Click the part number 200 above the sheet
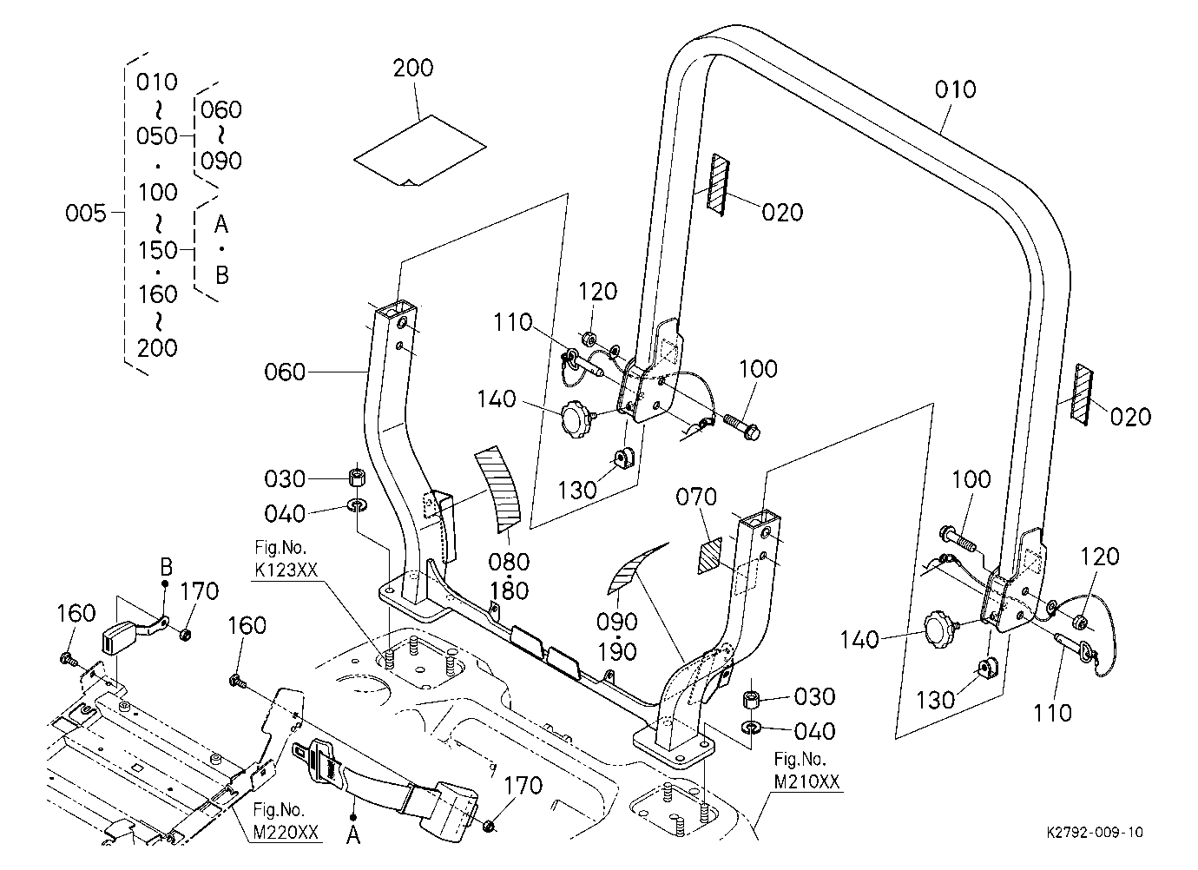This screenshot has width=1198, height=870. [413, 69]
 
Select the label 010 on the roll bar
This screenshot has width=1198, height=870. [955, 89]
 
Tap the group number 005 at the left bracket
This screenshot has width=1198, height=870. [86, 214]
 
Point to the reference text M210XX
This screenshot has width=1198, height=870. [806, 781]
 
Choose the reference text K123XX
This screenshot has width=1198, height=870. [286, 570]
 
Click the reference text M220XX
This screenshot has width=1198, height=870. [286, 832]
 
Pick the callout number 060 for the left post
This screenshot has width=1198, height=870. [285, 372]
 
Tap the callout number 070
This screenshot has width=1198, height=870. [696, 498]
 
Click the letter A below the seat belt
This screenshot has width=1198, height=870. [353, 835]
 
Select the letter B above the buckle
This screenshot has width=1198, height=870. [167, 567]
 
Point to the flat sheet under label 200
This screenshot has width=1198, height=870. [420, 151]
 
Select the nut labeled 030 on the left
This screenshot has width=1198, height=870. [356, 477]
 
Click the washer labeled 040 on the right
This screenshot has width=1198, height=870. [752, 727]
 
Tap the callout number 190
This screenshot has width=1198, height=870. [616, 652]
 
